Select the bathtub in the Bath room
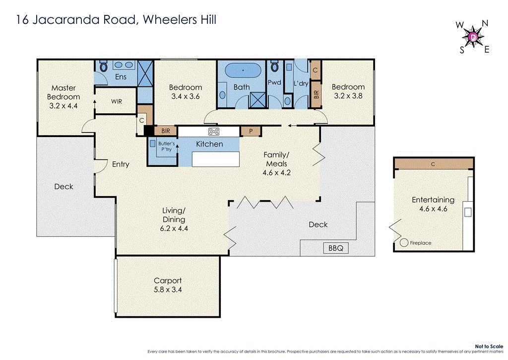pos(242,71)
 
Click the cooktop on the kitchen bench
pos(214,132)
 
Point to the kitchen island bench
pos(215,159)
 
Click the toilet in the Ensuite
pos(104,66)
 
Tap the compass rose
pos(473,36)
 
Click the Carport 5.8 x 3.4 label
pos(168,285)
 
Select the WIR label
pos(117,101)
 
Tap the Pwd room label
pos(274,82)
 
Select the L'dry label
pos(301,83)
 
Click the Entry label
pos(121,164)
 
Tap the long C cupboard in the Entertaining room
pos(433,164)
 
